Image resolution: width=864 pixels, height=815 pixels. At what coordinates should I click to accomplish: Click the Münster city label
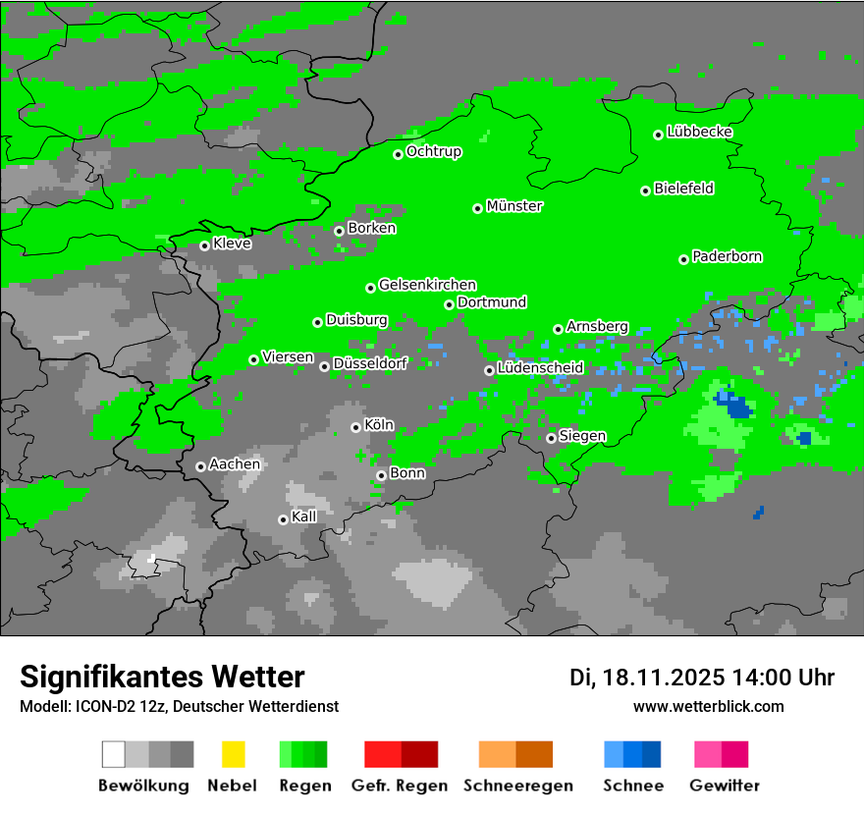click(514, 206)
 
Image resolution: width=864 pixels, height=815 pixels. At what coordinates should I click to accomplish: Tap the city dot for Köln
click(355, 427)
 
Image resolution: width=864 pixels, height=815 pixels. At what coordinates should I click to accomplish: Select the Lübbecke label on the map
click(700, 132)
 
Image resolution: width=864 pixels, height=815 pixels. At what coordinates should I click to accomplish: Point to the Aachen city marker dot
click(200, 466)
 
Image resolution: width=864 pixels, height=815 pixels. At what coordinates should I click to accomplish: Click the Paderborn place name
click(728, 256)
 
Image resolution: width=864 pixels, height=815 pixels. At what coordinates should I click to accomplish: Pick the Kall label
click(304, 516)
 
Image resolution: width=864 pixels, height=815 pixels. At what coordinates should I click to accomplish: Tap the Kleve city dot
click(204, 245)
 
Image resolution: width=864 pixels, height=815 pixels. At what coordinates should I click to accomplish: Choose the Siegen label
click(582, 436)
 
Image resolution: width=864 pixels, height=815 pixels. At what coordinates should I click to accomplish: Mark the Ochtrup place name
click(434, 151)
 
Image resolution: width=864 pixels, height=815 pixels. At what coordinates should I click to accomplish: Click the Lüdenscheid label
click(540, 367)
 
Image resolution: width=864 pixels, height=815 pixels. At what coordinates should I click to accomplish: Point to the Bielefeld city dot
click(645, 190)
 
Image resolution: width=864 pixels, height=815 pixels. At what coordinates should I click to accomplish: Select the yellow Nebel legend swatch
click(233, 754)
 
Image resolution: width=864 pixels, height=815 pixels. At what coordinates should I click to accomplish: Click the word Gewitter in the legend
click(725, 786)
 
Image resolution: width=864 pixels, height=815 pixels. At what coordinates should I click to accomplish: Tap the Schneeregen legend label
click(518, 786)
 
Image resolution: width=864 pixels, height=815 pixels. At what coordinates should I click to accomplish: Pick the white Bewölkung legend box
click(114, 754)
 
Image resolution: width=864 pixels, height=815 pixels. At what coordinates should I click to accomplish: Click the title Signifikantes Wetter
click(162, 678)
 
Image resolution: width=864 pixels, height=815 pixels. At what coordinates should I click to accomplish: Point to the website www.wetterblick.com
click(709, 706)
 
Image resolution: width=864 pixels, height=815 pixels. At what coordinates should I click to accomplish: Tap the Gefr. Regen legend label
click(400, 786)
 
